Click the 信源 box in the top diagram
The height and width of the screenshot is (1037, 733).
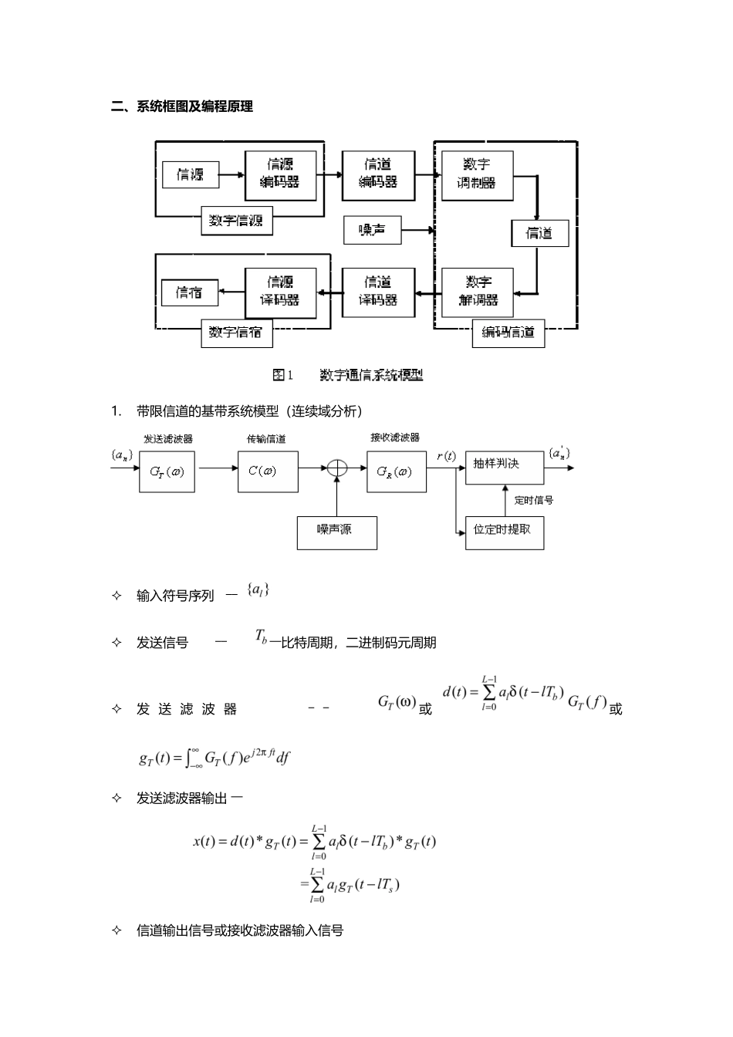click(x=191, y=174)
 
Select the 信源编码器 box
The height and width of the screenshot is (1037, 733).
click(x=280, y=174)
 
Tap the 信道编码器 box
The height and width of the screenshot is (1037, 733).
click(x=378, y=174)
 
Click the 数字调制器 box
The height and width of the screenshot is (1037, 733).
click(x=477, y=175)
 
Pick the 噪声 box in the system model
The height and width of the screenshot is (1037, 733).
click(x=372, y=230)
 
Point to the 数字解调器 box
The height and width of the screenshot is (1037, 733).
click(x=478, y=292)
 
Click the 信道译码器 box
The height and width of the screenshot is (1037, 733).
click(x=378, y=292)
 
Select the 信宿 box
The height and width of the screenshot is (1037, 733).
click(x=190, y=292)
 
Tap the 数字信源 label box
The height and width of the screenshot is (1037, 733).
click(x=236, y=221)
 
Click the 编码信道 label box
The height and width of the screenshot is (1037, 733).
click(x=508, y=333)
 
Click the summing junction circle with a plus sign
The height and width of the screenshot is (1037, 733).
click(x=337, y=468)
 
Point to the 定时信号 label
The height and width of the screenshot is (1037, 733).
click(x=534, y=501)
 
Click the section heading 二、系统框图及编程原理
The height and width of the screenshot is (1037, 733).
click(x=182, y=107)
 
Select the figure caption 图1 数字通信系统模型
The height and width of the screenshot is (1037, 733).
click(x=348, y=375)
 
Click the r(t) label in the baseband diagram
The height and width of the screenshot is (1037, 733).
click(x=446, y=456)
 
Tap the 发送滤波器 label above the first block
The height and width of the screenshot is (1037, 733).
click(x=167, y=439)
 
